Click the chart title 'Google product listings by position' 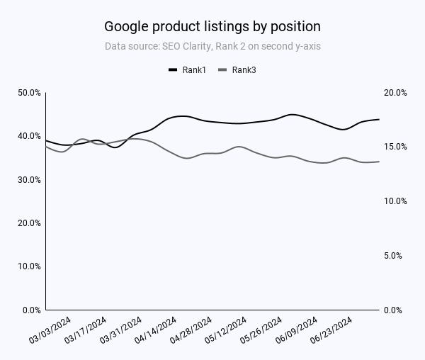[x=212, y=26]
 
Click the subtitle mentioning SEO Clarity [x=212, y=47]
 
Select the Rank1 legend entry [x=187, y=69]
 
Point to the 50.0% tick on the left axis [x=29, y=93]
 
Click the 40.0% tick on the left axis [x=29, y=136]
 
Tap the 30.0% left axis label [x=29, y=180]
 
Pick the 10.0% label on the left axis [x=29, y=266]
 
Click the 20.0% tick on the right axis [x=395, y=93]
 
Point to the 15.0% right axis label [x=395, y=147]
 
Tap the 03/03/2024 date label [x=50, y=331]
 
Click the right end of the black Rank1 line [x=379, y=119]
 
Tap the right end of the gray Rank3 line [x=379, y=162]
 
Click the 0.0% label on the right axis [x=395, y=310]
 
